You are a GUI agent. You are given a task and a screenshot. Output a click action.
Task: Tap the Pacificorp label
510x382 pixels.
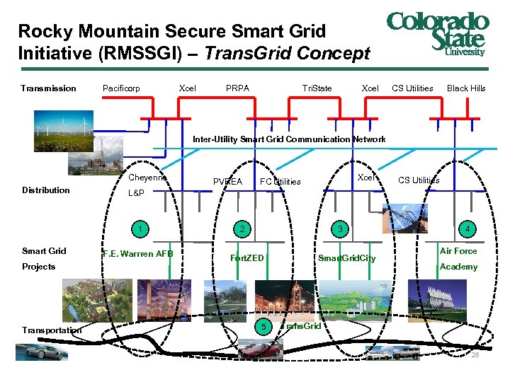(x=121, y=88)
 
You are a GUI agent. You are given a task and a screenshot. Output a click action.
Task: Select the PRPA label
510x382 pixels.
(x=237, y=88)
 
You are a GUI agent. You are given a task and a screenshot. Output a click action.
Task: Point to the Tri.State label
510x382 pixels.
(x=317, y=88)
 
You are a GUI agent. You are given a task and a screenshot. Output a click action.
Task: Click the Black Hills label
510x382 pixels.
(x=466, y=88)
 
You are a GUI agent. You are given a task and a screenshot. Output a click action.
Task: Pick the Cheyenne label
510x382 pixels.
(x=147, y=178)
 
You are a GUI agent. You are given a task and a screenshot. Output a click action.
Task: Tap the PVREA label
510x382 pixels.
(x=227, y=182)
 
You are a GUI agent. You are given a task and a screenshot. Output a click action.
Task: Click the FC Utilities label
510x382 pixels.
(x=280, y=182)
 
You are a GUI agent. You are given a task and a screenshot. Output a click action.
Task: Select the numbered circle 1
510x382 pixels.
(x=142, y=228)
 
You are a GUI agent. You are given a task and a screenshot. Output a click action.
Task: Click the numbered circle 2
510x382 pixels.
(x=242, y=228)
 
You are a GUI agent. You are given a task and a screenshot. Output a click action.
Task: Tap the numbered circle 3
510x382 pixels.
(x=341, y=228)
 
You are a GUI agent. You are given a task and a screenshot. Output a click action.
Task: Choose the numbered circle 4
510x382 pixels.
(x=467, y=228)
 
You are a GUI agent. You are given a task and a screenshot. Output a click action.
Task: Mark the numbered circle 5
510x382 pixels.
(x=262, y=327)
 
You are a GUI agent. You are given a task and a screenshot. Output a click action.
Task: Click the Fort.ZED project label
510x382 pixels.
(x=247, y=258)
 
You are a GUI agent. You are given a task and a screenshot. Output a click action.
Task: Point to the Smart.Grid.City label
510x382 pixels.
(x=347, y=258)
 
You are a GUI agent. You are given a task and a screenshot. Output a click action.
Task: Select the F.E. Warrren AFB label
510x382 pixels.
(x=138, y=254)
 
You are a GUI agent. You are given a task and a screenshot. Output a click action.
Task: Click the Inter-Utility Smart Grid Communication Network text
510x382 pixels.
(x=289, y=139)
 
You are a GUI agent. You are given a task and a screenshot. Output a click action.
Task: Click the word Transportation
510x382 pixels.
(x=52, y=330)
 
